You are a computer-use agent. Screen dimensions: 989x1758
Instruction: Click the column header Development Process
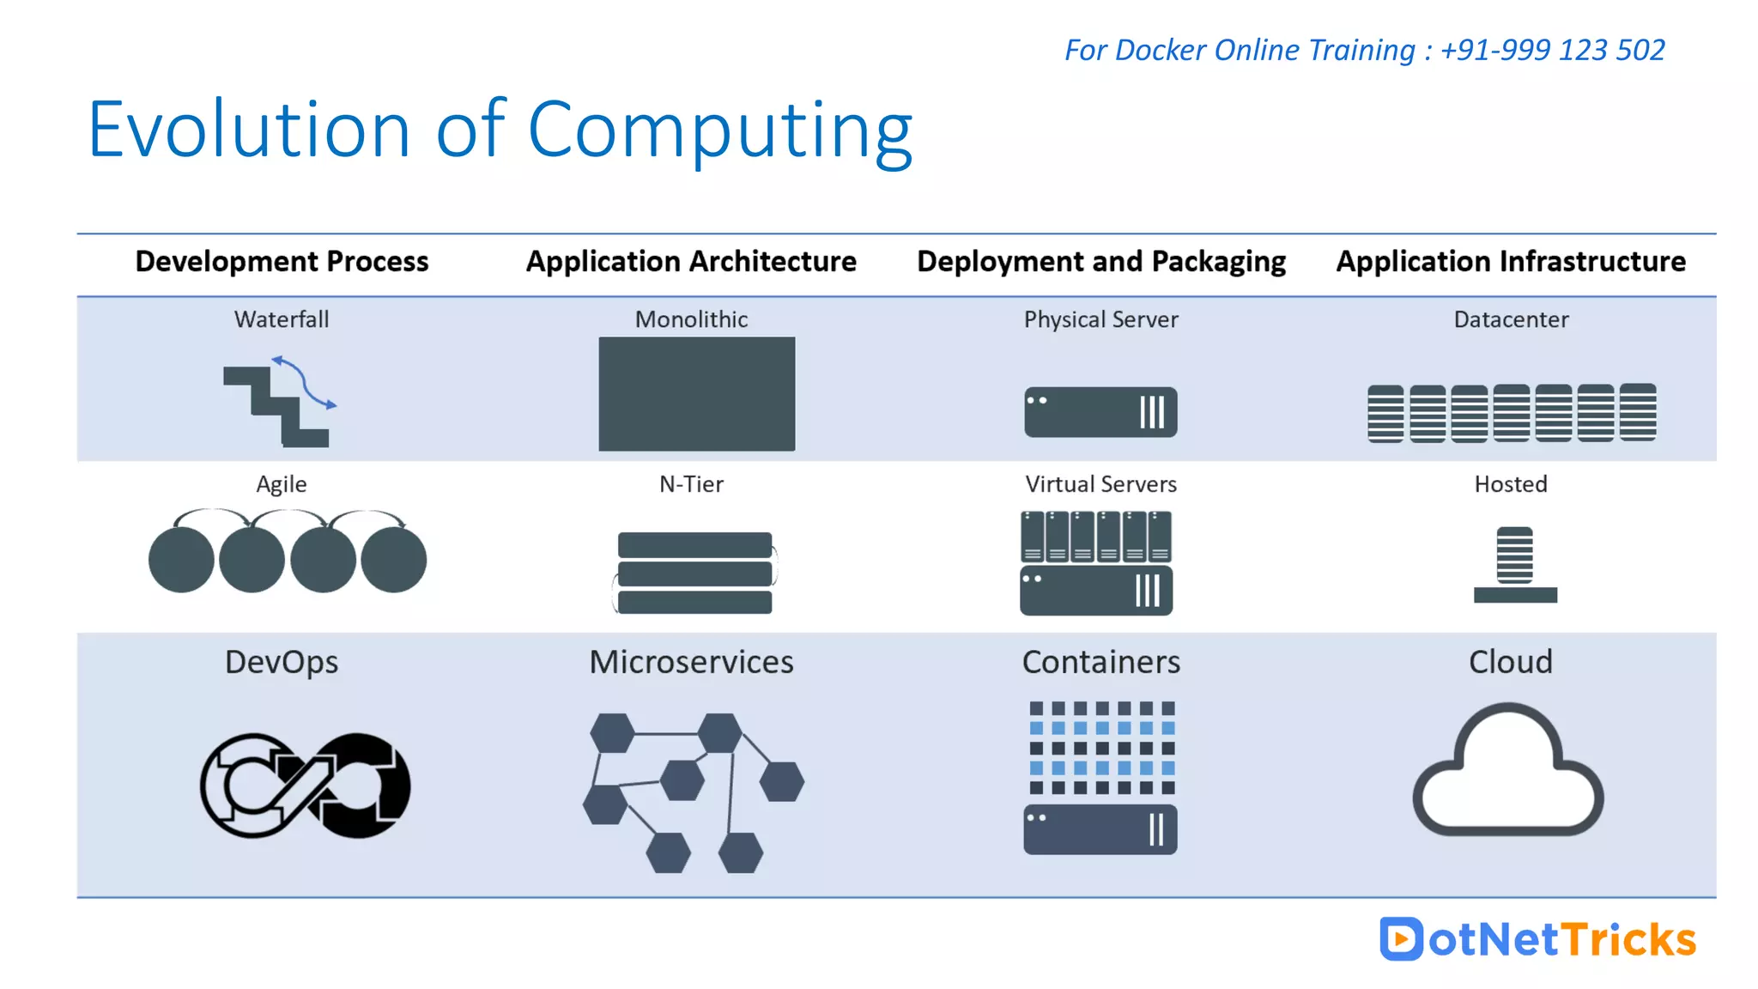[282, 261]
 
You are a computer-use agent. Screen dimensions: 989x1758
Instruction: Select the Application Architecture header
[691, 261]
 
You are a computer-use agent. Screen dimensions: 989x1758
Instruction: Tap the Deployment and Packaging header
[1101, 261]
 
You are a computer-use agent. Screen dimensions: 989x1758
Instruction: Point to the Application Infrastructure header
[1511, 261]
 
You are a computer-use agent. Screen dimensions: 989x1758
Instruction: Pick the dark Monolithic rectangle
[696, 393]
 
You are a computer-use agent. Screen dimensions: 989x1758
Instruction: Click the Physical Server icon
[1100, 412]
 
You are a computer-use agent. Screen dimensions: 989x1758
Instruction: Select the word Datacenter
[1511, 319]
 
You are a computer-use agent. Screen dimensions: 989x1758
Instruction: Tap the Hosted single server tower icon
[1515, 564]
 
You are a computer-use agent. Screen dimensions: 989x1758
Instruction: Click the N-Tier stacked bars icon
[694, 573]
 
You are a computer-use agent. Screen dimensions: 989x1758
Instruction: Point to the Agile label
[282, 484]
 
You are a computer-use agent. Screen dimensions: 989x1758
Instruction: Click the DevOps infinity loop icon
[305, 786]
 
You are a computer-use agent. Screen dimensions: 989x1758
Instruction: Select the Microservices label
[691, 662]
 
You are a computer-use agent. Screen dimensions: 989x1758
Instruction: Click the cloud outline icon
[1507, 773]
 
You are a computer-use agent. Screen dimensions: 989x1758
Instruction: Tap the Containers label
[1100, 662]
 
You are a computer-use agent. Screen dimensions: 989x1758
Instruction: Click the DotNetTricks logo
[1537, 939]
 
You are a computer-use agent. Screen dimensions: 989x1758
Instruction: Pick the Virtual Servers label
[1100, 484]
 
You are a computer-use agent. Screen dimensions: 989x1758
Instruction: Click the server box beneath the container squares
[1100, 829]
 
